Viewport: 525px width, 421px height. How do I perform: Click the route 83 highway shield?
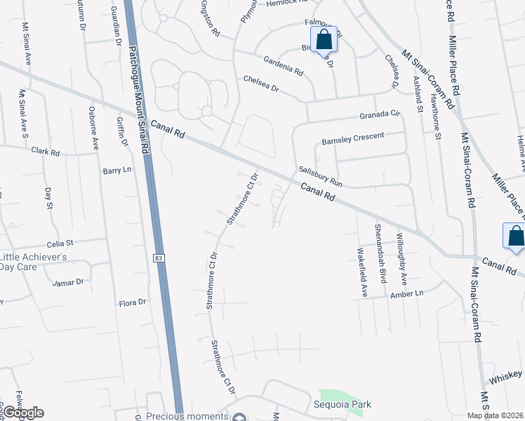coord(159,259)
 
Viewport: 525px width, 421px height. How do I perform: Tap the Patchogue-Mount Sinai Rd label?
coord(138,77)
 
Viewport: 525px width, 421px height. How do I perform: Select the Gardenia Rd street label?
coord(283,67)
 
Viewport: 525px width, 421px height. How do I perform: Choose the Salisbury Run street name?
coord(320,175)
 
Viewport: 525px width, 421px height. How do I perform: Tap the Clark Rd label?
coord(45,152)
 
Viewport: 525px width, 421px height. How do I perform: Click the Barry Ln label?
coord(117,171)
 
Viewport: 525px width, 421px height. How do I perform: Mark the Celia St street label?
coord(60,243)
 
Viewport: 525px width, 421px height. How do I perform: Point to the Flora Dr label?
coord(132,302)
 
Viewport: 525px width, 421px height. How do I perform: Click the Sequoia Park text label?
coord(343,404)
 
